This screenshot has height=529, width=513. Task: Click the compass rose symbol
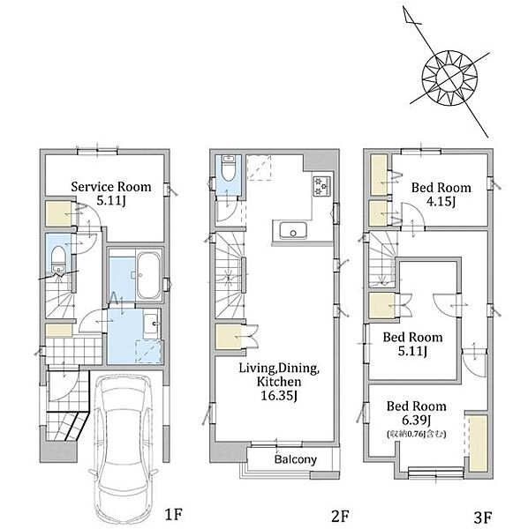click(449, 78)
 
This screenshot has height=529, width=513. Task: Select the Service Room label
click(111, 187)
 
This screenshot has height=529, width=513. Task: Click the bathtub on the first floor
click(148, 276)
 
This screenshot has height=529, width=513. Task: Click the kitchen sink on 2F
click(293, 230)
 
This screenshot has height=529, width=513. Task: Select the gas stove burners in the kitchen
click(321, 186)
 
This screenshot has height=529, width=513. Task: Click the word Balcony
click(296, 459)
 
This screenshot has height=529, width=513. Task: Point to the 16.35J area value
click(279, 395)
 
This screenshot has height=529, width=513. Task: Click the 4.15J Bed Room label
click(441, 194)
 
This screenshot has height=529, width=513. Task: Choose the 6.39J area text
click(417, 421)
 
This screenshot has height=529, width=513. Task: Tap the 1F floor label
click(173, 515)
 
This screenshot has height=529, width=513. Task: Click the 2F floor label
click(340, 516)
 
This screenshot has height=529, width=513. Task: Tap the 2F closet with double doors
click(229, 338)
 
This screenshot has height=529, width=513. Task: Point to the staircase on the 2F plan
click(230, 275)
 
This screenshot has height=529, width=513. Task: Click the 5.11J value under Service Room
click(111, 201)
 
